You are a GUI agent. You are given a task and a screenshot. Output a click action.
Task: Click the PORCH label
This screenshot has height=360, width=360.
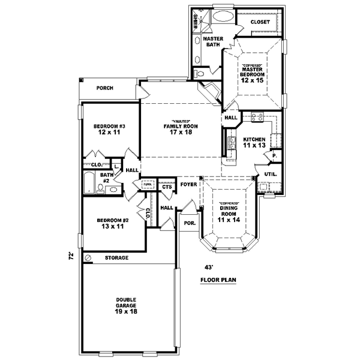pos(105,88)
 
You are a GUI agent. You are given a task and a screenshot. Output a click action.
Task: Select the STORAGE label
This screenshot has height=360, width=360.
pos(117,257)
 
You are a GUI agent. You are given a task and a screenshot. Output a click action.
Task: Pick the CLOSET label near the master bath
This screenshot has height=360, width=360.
pos(260,22)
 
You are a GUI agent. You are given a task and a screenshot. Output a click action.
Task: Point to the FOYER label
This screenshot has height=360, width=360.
pos(188,185)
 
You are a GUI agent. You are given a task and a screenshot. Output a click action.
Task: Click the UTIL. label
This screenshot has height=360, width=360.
pos(270,174)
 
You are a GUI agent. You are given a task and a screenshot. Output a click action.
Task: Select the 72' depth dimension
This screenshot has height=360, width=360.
pos(71,256)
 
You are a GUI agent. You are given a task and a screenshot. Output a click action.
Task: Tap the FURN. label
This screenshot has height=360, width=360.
pos(148,184)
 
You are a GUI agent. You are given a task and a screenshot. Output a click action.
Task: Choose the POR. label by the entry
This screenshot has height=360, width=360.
pos(190,222)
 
